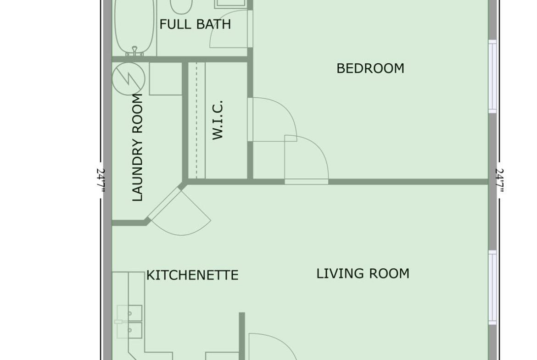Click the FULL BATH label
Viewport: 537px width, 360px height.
coord(195,24)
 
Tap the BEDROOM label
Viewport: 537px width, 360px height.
coord(370,68)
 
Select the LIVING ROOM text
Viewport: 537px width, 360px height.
coord(363,273)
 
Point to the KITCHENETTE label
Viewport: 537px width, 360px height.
coord(192,275)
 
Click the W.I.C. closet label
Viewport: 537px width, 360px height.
coord(218,120)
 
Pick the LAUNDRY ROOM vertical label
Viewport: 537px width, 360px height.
coord(137,147)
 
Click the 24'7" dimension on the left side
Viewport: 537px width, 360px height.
coord(100,180)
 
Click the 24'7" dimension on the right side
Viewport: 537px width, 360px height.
coord(500,180)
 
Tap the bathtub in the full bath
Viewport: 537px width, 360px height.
coord(134,28)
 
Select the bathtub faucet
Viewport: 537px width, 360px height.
coord(135,51)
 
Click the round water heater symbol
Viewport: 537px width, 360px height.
coord(129,78)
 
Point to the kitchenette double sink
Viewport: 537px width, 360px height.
coord(129,321)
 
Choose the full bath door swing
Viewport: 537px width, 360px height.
coord(229,29)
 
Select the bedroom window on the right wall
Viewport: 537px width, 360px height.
coord(492,76)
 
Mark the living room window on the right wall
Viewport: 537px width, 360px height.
coord(492,288)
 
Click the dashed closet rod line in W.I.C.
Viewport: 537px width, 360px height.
coord(196,120)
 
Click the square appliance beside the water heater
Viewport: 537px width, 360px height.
coord(165,79)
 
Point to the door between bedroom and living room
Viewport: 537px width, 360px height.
coord(307,160)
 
